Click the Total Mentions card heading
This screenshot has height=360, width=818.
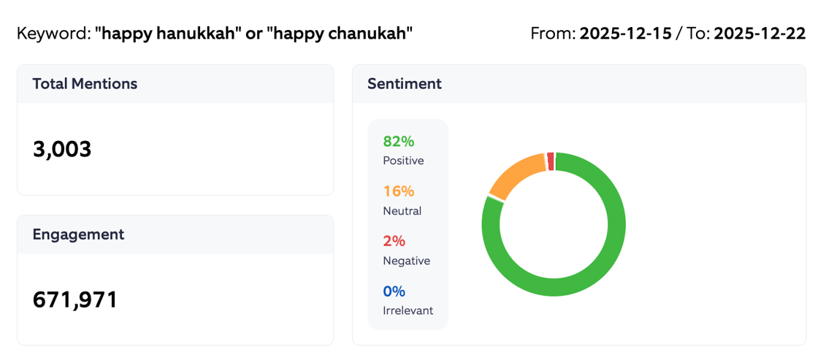(85, 84)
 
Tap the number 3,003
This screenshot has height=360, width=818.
(62, 149)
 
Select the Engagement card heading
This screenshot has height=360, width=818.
(78, 234)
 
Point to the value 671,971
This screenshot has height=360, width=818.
(75, 299)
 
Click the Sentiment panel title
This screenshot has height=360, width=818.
(404, 84)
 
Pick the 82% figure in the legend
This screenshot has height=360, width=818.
(399, 142)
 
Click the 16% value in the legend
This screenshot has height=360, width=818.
(399, 191)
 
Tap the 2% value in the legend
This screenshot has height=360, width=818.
(394, 241)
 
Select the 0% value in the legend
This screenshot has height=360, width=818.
(394, 291)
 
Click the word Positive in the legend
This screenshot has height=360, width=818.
(403, 161)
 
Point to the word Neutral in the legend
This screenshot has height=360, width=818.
(402, 211)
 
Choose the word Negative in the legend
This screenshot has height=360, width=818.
(406, 261)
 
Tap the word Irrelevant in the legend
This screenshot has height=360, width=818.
(408, 310)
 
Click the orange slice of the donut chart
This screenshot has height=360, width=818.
(513, 175)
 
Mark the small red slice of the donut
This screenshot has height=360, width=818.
(550, 160)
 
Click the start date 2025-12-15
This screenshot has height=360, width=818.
(625, 34)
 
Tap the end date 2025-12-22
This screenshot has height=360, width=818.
(760, 34)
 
